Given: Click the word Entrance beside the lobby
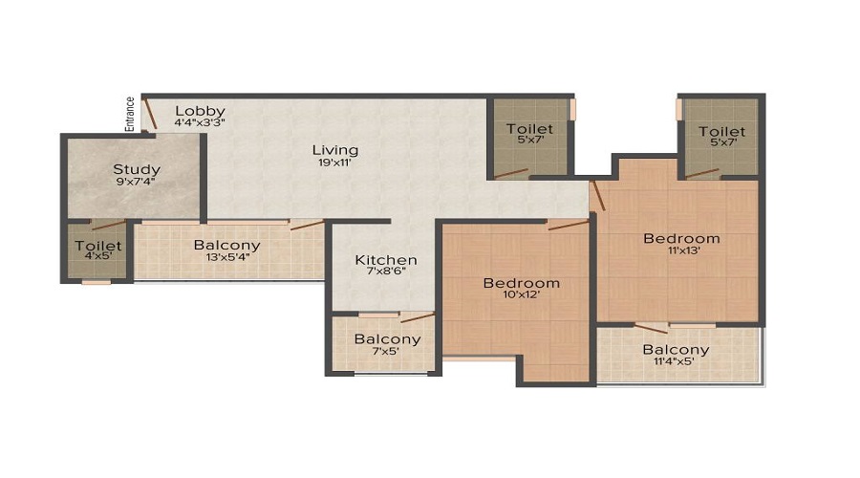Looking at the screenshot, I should [x=130, y=113].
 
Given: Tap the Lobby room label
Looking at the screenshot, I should [x=200, y=111].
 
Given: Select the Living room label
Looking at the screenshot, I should [x=334, y=150].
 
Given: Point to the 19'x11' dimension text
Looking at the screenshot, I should [x=334, y=163].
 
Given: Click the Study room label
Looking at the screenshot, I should [x=137, y=169].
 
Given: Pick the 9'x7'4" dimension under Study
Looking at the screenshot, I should [x=137, y=182].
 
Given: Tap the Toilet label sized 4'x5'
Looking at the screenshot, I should [x=98, y=246].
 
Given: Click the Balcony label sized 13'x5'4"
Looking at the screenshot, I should [x=226, y=246].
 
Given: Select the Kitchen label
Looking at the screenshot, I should [x=386, y=260].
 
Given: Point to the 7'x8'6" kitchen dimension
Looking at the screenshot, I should [x=386, y=272].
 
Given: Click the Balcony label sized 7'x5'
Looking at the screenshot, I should [x=387, y=339].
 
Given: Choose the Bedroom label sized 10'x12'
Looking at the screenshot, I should [x=521, y=283].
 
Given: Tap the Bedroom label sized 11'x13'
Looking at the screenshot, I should [x=680, y=238].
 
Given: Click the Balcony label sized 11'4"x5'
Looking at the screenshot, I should [x=676, y=350].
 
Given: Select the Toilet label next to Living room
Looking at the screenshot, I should [x=529, y=129].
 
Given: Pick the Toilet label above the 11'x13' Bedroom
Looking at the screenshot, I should [x=721, y=131].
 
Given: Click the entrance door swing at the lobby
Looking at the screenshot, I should [x=149, y=113].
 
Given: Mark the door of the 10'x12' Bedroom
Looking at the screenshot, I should [x=568, y=225].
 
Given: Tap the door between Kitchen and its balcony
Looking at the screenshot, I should [x=417, y=317].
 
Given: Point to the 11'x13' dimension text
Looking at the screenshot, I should [x=680, y=250].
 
